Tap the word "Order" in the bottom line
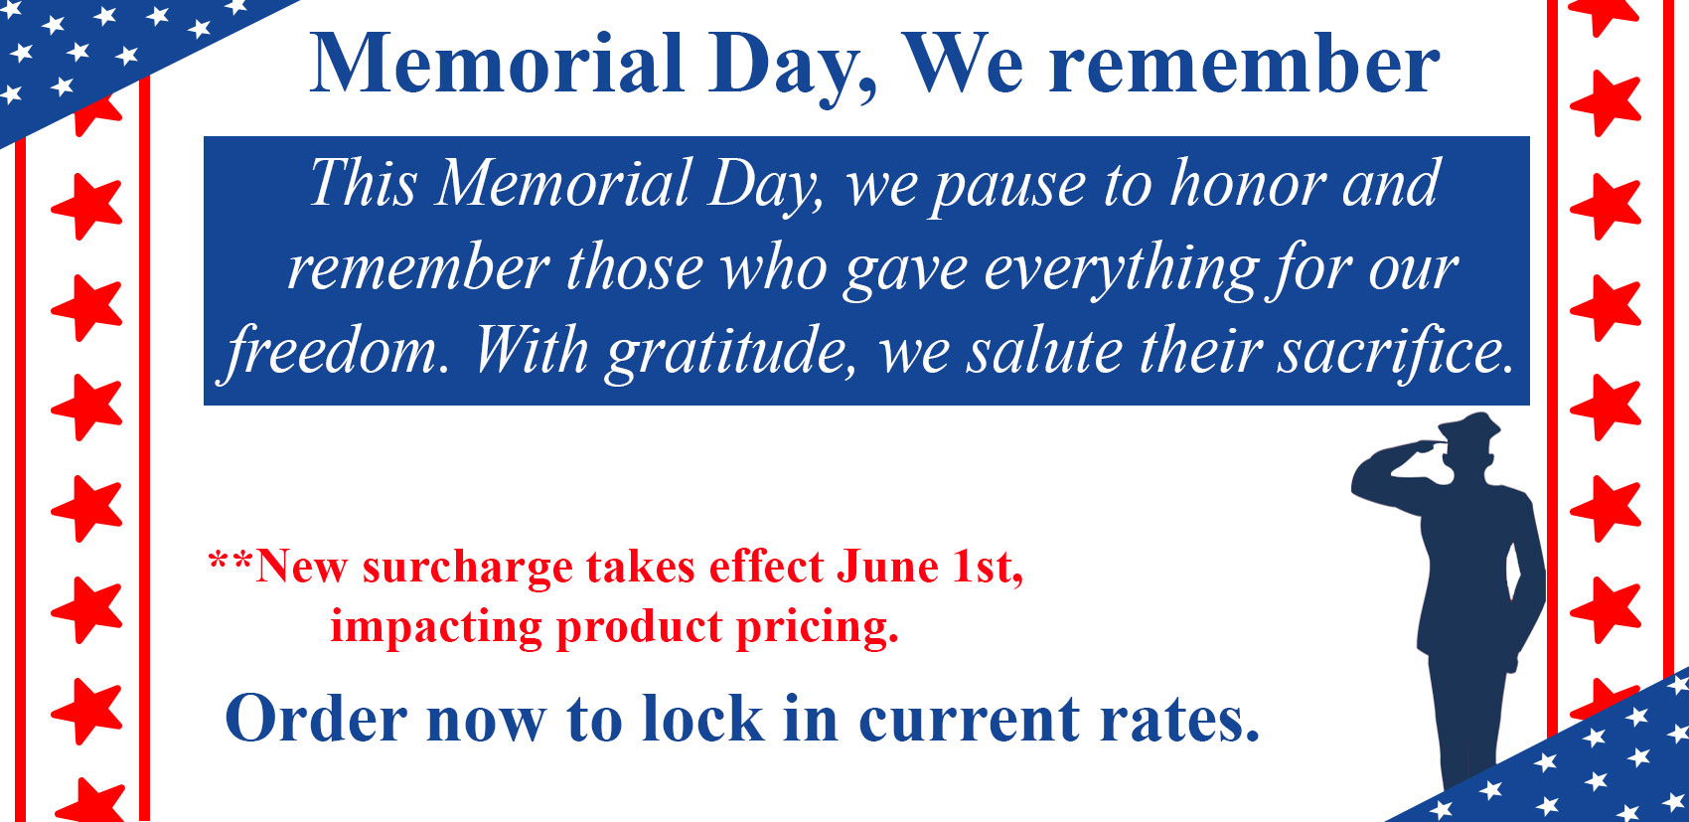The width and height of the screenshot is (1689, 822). (x=316, y=718)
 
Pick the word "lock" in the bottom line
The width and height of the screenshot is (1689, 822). (x=702, y=718)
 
